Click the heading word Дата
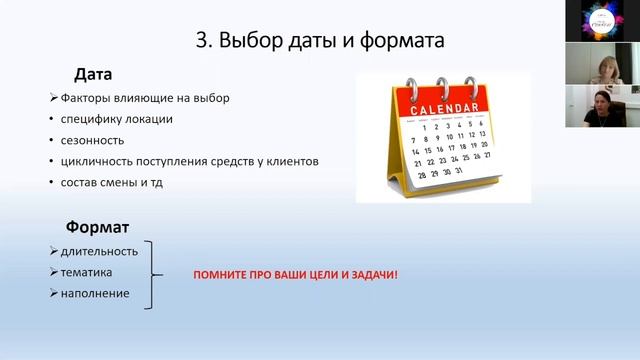pyautogui.click(x=93, y=74)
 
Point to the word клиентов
pyautogui.click(x=286, y=161)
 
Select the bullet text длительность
pyautogui.click(x=99, y=250)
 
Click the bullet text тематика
pyautogui.click(x=86, y=271)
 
